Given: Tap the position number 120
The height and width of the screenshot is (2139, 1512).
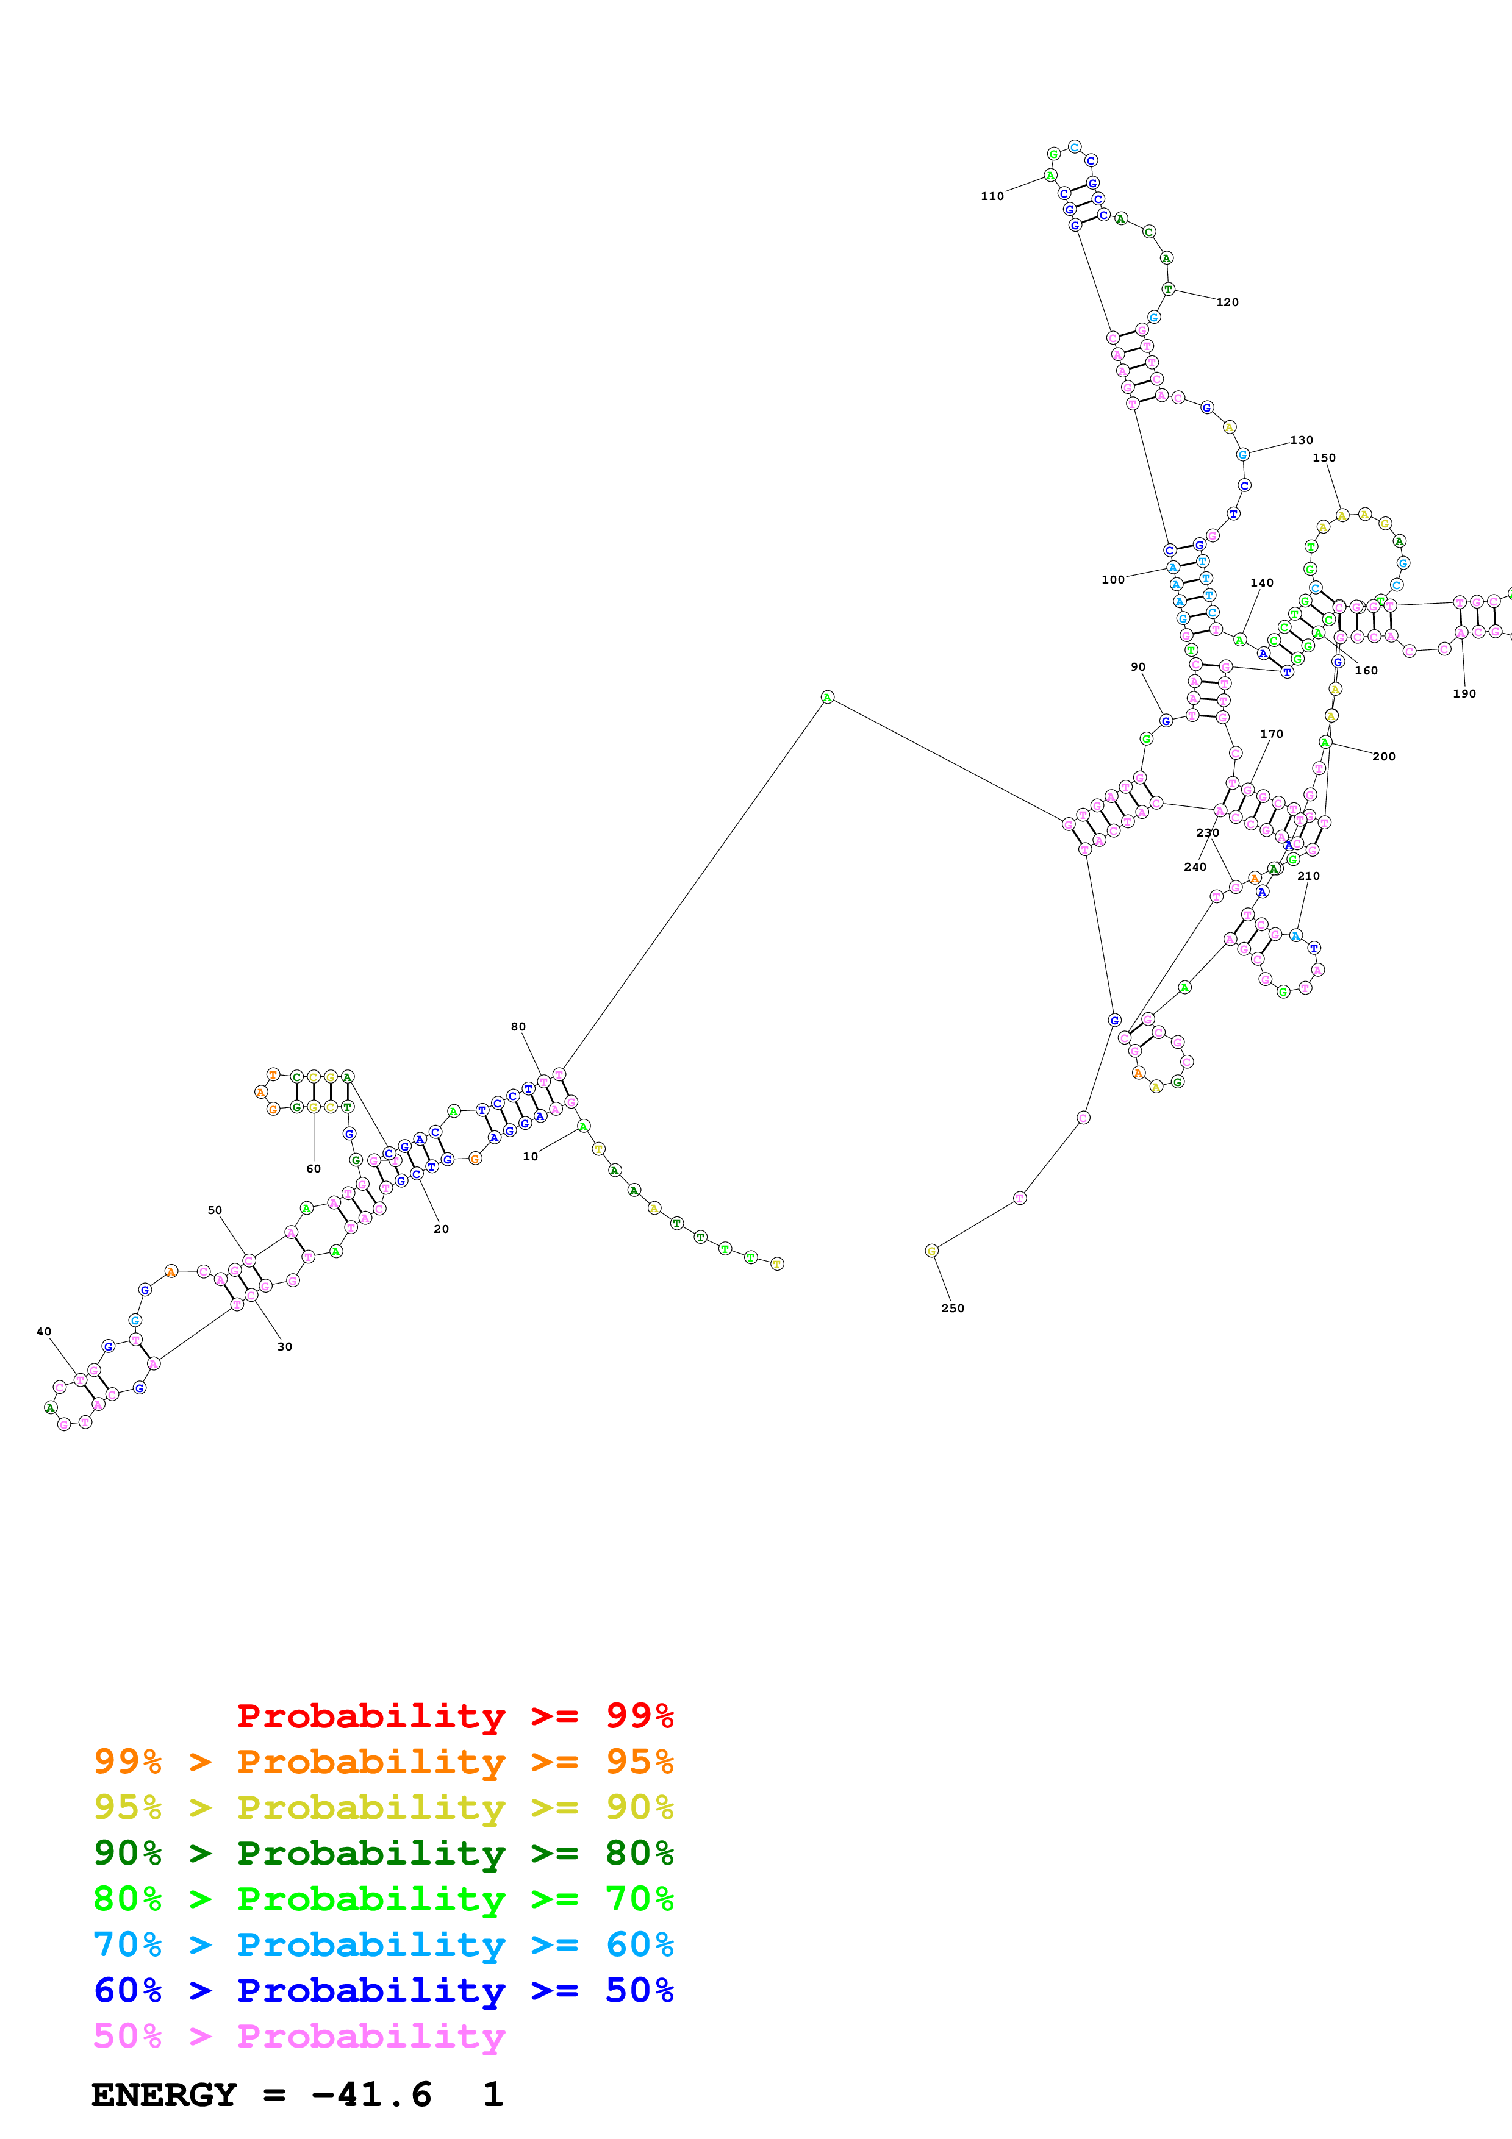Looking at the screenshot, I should point(1227,303).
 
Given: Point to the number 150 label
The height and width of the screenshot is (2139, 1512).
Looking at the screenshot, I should point(1323,459).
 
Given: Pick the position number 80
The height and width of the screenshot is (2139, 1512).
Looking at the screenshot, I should point(518,1027).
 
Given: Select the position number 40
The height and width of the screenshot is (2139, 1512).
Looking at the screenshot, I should point(44,1332).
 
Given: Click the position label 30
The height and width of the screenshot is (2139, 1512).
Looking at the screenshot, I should point(284,1347).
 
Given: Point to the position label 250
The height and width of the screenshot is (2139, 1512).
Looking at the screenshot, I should point(952,1309).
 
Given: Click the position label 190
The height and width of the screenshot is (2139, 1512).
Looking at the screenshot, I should point(1464,694).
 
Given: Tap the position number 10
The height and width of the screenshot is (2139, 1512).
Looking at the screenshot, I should point(530,1157).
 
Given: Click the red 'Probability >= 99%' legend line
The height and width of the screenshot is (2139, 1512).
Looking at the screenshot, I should point(454,1716).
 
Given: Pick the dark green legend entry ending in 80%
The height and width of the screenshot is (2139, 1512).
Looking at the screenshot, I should point(383,1853).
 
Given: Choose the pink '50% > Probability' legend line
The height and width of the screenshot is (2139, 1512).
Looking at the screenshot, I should point(299,2037).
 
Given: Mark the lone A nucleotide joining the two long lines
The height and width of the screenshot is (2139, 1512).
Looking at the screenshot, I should point(827,698).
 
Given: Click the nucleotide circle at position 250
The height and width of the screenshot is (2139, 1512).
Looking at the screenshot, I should point(931,1251).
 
